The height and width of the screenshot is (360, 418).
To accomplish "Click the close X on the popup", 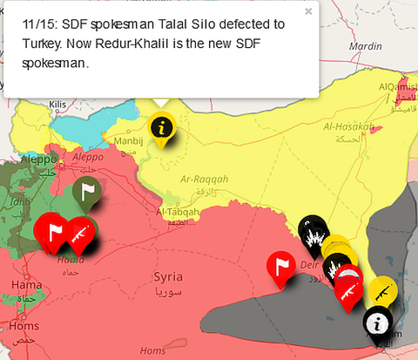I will pos(307,12).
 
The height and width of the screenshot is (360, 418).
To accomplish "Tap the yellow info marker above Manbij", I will pos(159,127).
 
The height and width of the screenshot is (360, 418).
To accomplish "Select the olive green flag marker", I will pos(87,191).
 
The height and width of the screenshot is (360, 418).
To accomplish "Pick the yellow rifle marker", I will pos(381,291).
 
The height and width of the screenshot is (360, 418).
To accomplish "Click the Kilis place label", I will pos(57,105).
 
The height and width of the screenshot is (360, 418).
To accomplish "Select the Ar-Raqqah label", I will pos(204,179).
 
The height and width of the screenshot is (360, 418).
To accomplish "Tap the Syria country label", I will pos(168,276).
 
